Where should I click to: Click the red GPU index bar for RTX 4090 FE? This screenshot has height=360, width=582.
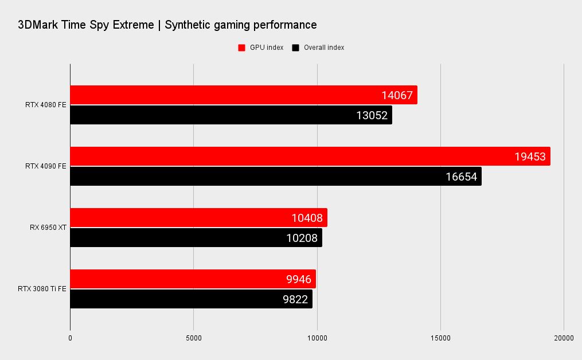(x=310, y=156)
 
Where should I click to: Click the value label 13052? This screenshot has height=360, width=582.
(x=372, y=115)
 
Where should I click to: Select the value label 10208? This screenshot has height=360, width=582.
(x=302, y=238)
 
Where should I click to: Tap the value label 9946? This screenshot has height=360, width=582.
(x=298, y=280)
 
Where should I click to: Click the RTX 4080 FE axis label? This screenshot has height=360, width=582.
(x=46, y=105)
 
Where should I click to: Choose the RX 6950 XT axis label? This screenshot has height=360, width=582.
(x=48, y=228)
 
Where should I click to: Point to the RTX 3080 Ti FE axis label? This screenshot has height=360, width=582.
(x=42, y=289)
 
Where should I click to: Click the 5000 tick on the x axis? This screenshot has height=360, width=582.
(x=194, y=338)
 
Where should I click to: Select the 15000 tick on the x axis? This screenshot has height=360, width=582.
(x=440, y=338)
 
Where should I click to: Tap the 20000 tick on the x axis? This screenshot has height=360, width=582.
(x=564, y=338)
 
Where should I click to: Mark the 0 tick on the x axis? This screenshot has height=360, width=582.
(x=70, y=338)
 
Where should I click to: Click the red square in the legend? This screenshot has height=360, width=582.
(x=241, y=48)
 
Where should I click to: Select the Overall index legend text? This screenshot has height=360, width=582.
(x=324, y=48)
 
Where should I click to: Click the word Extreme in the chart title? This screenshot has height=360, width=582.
(x=131, y=25)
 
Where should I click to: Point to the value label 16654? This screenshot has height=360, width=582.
(x=461, y=177)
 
